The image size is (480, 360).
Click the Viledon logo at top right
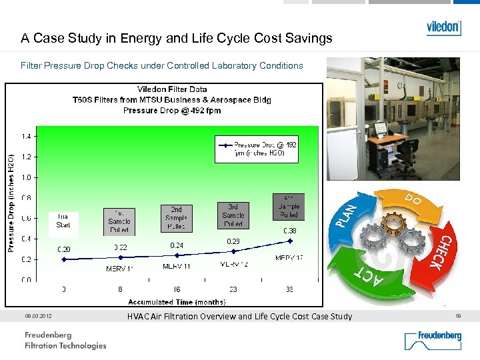click(443, 27)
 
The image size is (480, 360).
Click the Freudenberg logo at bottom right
click(433, 340)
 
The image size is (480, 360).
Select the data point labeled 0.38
click(289, 241)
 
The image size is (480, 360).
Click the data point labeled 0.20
click(64, 259)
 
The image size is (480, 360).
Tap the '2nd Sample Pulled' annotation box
click(176, 218)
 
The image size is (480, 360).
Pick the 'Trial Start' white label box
click(63, 221)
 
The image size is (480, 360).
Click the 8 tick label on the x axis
click(120, 290)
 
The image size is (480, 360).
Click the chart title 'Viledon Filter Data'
click(172, 89)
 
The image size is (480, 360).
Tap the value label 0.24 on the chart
click(177, 245)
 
